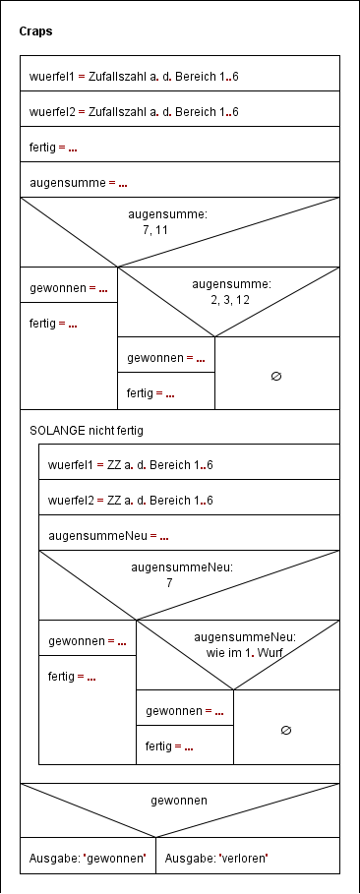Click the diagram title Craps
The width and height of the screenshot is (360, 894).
pos(36,31)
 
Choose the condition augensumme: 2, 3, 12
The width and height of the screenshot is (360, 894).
pos(231,291)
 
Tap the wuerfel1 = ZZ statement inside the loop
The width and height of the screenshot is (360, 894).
pos(131,464)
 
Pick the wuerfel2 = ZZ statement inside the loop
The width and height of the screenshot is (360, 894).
pos(131,500)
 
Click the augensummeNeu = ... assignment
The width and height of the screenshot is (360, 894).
pos(108,537)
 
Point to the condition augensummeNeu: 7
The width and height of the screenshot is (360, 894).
pos(169,576)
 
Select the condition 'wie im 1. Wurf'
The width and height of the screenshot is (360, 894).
pos(245,643)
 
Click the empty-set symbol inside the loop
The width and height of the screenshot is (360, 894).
pos(286,730)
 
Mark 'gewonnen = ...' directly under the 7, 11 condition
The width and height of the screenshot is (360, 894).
pos(68,288)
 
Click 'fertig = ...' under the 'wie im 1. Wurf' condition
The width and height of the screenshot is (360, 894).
pos(169,746)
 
